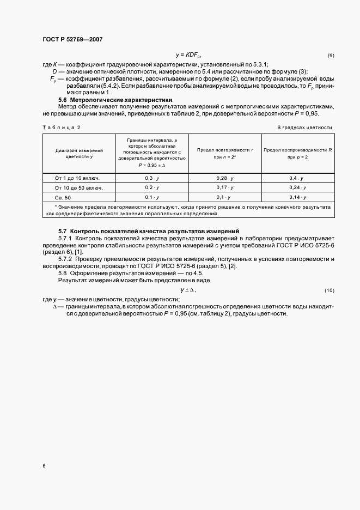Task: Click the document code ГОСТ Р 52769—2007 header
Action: (72, 40)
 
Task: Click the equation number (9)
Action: (331, 56)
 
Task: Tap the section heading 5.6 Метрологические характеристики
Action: (115, 100)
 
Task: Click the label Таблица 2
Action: (61, 127)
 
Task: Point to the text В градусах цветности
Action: (304, 127)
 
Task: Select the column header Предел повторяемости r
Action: (225, 153)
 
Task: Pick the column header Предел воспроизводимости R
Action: (298, 153)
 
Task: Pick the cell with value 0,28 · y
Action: (224, 178)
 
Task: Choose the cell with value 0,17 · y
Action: (224, 188)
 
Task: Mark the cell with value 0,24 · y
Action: (298, 188)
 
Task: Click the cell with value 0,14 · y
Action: (298, 197)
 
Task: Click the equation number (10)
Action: (329, 290)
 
